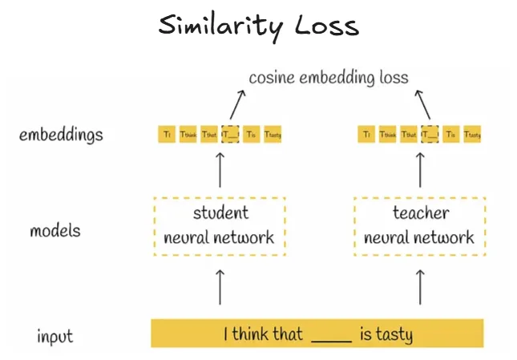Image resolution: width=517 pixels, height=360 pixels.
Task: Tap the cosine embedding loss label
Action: [x=329, y=78]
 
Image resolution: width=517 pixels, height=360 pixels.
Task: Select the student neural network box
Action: [x=219, y=225]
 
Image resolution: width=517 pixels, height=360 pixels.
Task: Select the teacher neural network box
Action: [x=419, y=225]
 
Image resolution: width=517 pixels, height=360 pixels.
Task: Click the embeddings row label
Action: [x=61, y=134]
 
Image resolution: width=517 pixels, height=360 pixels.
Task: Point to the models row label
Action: [x=55, y=231]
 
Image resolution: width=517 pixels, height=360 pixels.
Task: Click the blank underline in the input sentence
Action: [x=331, y=337]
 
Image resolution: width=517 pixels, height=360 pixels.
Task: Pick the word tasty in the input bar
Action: [x=394, y=334]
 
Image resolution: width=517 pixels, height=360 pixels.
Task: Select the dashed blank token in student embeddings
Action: [x=231, y=135]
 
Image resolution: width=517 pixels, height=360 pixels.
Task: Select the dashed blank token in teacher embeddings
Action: [x=430, y=135]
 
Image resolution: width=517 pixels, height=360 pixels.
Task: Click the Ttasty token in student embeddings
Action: [x=273, y=135]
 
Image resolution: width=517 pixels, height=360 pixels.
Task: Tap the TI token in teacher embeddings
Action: [x=366, y=135]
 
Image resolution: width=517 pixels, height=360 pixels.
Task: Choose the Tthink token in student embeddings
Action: [x=188, y=135]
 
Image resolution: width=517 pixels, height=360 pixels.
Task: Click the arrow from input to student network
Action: [x=220, y=287]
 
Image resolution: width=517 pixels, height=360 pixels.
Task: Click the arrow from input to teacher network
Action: [x=420, y=287]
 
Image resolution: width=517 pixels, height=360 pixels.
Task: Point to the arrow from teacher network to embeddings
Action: [x=420, y=171]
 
